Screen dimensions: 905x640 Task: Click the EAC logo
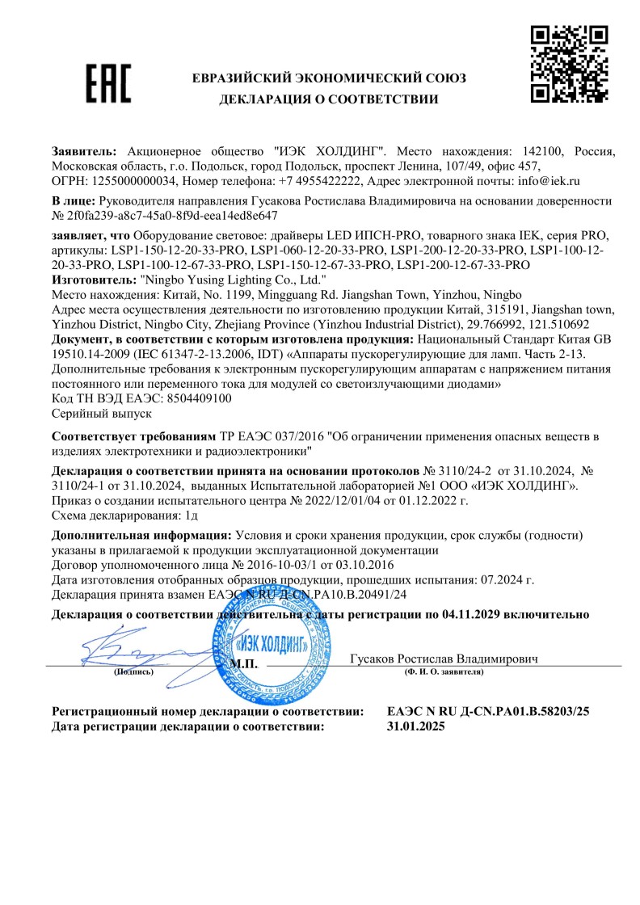pyautogui.click(x=109, y=85)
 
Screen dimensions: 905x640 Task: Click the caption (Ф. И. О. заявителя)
pyautogui.click(x=444, y=671)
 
